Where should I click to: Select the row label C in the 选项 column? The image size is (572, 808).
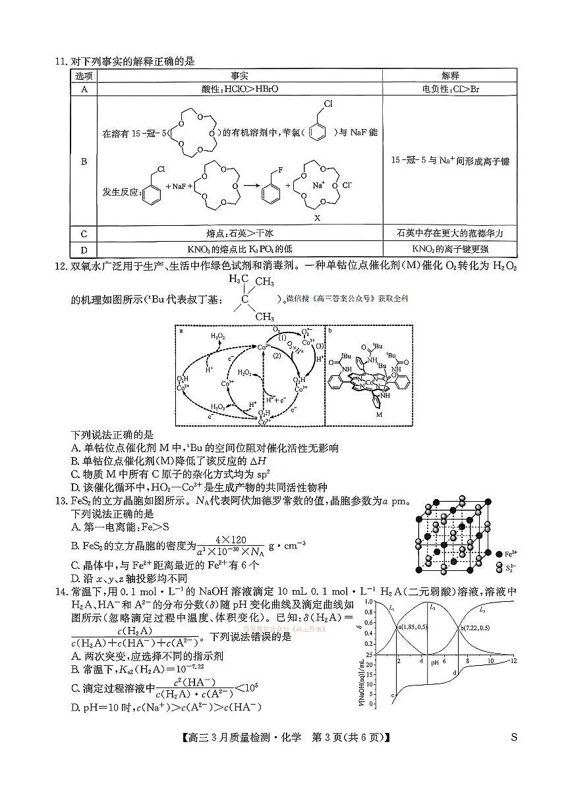click(84, 233)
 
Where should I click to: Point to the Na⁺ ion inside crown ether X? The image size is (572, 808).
click(319, 185)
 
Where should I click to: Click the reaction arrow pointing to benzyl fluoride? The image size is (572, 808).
click(248, 186)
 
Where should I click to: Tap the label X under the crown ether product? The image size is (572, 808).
click(317, 217)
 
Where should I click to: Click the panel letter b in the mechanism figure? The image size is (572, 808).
click(329, 331)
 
